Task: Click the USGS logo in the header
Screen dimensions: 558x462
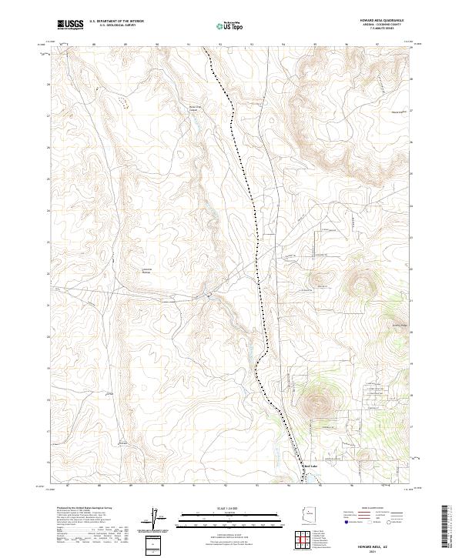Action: click(x=70, y=25)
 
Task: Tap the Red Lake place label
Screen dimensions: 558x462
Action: click(x=310, y=466)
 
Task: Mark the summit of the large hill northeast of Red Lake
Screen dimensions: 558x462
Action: click(x=316, y=401)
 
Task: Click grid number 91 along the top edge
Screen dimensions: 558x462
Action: click(x=189, y=45)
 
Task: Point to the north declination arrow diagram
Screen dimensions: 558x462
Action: click(x=156, y=517)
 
